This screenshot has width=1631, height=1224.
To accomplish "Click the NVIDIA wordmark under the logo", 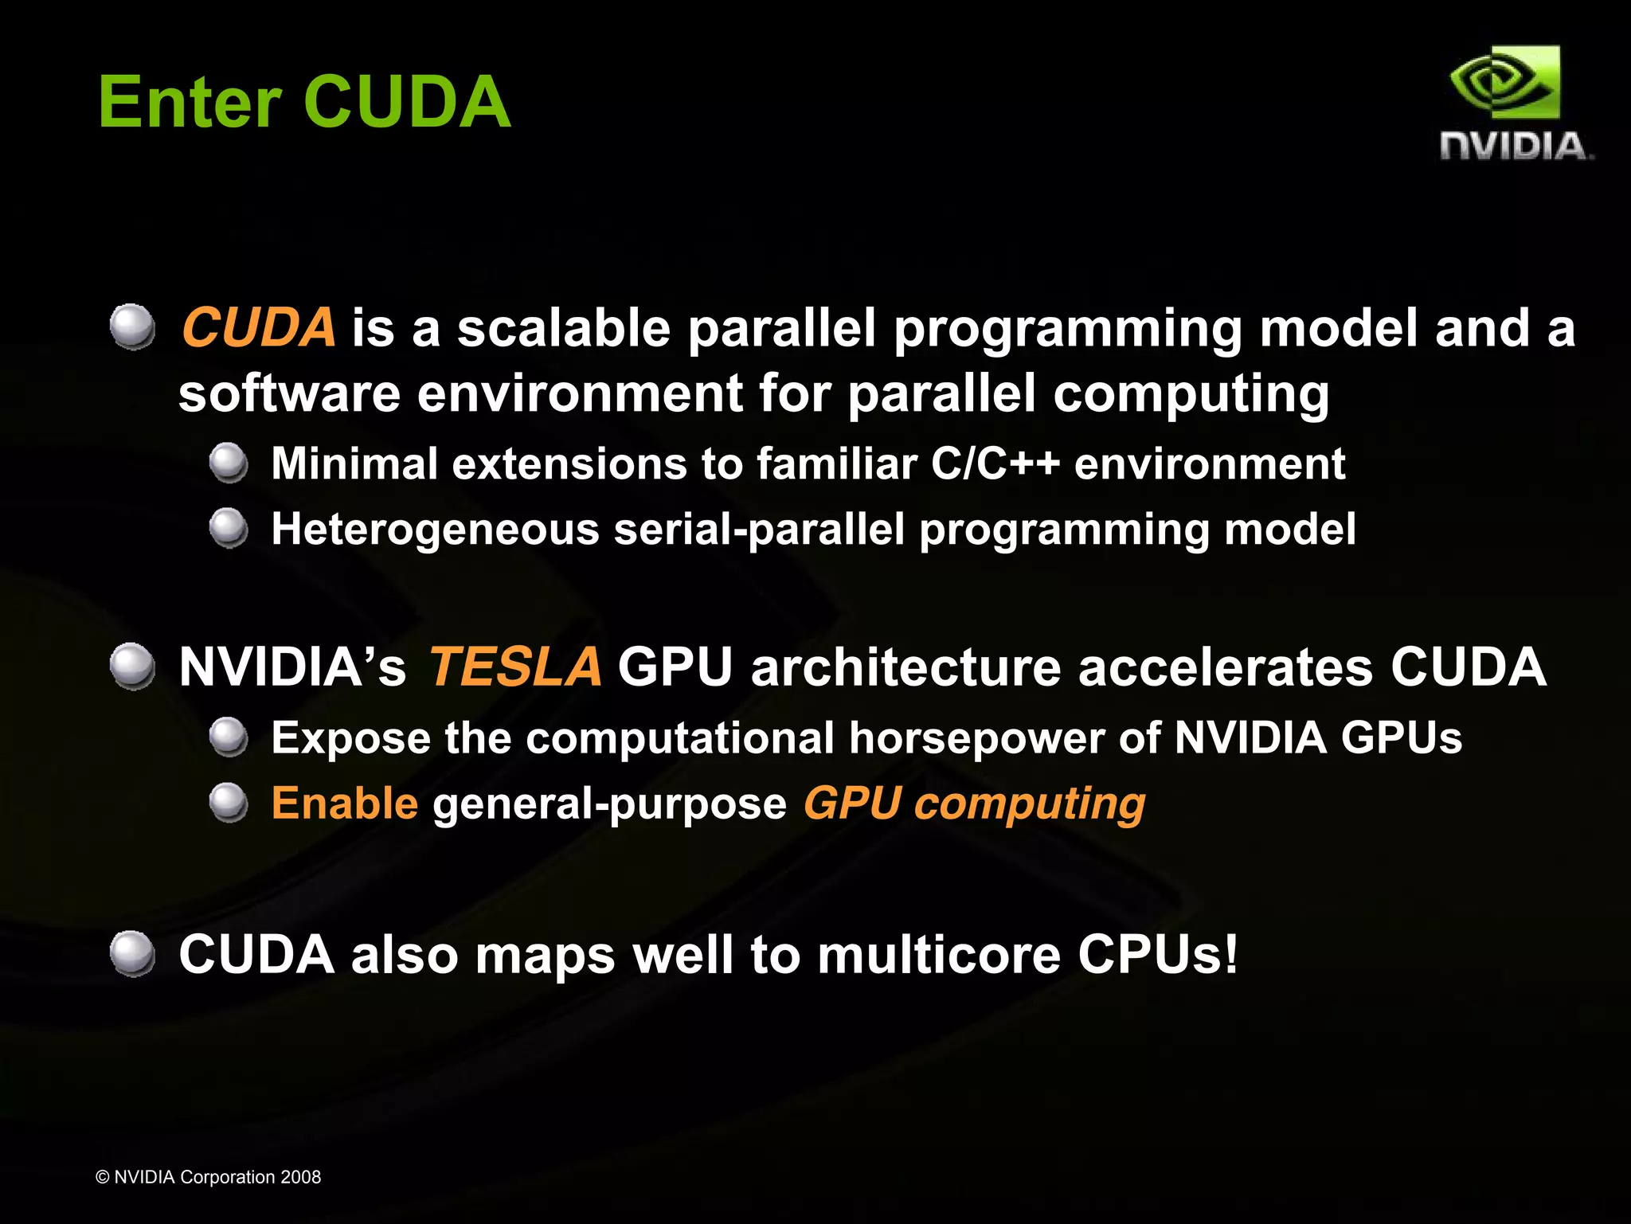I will [x=1516, y=147].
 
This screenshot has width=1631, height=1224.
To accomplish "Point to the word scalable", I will [x=564, y=327].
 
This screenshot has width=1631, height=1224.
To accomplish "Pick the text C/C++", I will [x=995, y=463].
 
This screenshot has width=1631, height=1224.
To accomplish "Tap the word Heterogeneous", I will [x=435, y=529].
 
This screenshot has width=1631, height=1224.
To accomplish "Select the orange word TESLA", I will [x=515, y=667].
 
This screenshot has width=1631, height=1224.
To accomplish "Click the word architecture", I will [x=905, y=667].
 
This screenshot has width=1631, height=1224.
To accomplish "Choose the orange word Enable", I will [x=344, y=803].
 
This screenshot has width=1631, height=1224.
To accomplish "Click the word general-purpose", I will [x=609, y=804].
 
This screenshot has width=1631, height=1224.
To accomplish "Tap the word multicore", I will [x=939, y=954].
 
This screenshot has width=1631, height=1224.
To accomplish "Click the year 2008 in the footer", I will [x=300, y=1177].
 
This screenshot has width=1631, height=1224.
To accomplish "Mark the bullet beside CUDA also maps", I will [x=132, y=953].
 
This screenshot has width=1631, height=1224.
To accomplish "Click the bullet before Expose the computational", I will [x=229, y=737].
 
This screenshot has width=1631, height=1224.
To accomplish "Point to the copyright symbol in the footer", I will [x=102, y=1177].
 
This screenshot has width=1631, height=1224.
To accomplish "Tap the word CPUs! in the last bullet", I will [x=1158, y=954].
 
